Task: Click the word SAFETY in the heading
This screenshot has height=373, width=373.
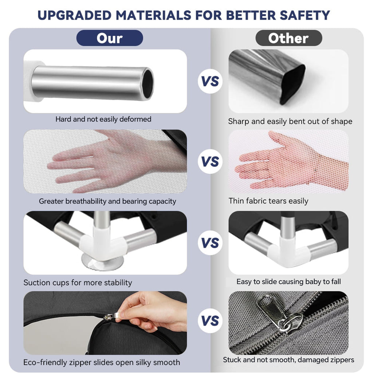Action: pyautogui.click(x=305, y=15)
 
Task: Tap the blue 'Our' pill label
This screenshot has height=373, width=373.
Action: pyautogui.click(x=110, y=38)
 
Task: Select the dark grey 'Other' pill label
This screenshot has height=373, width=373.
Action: pyautogui.click(x=288, y=38)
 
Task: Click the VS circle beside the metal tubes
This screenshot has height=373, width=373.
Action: pyautogui.click(x=210, y=81)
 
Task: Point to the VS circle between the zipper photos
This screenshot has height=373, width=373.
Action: pyautogui.click(x=210, y=321)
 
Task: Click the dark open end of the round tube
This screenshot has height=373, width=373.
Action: pyautogui.click(x=148, y=83)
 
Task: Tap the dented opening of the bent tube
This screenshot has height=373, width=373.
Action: pyautogui.click(x=292, y=85)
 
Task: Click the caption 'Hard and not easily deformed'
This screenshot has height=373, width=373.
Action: pyautogui.click(x=103, y=119)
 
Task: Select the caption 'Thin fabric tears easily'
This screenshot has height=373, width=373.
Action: pyautogui.click(x=268, y=201)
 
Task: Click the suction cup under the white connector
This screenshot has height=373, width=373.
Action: pyautogui.click(x=102, y=262)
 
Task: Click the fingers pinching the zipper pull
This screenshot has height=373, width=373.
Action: pyautogui.click(x=133, y=314)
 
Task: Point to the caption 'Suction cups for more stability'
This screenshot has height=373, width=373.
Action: pyautogui.click(x=78, y=282)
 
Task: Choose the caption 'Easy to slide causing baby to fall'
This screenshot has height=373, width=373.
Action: pyautogui.click(x=288, y=282)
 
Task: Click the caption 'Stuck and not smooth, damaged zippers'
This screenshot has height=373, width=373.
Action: pyautogui.click(x=288, y=360)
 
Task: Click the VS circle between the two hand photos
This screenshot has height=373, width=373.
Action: pyautogui.click(x=210, y=161)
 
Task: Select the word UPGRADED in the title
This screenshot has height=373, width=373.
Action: pyautogui.click(x=74, y=15)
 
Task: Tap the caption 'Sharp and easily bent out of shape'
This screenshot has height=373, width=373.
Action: pyautogui.click(x=290, y=121)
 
